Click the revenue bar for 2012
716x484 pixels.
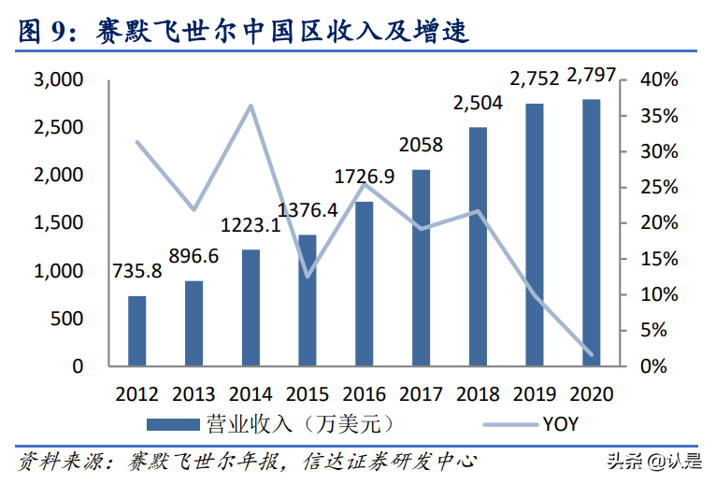[136, 331]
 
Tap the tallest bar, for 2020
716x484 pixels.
[591, 233]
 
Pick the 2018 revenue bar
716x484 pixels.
[478, 247]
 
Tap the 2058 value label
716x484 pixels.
[421, 146]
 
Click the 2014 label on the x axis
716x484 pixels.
[251, 393]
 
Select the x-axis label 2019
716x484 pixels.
[535, 393]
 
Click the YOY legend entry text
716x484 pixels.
[560, 424]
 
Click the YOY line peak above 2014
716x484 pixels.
[251, 105]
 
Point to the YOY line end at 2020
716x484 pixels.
[591, 354]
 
